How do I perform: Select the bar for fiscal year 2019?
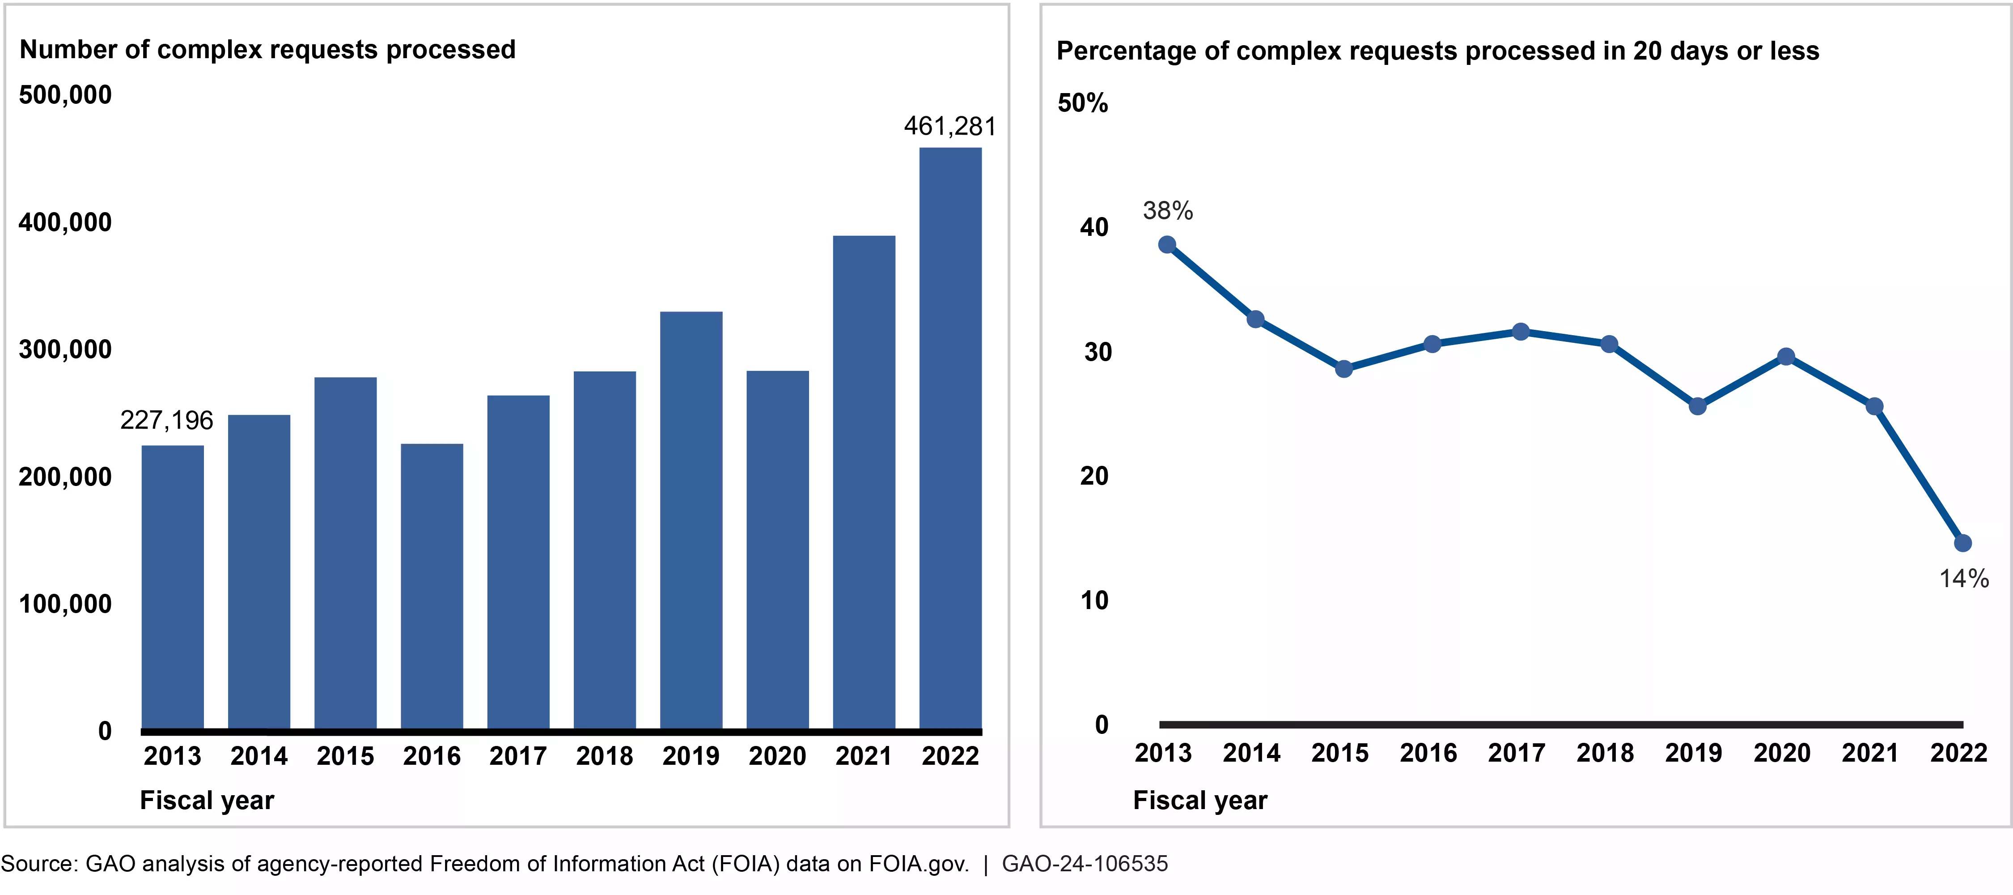[x=691, y=520]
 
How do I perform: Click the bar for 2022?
[x=950, y=438]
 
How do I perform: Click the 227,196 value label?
[x=166, y=421]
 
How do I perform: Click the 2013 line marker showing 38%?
[x=1167, y=245]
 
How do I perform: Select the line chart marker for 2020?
[x=1786, y=357]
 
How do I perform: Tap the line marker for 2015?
[x=1344, y=369]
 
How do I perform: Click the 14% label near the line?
[x=1964, y=579]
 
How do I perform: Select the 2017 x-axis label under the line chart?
[x=1517, y=753]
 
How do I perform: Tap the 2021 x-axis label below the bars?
[x=864, y=756]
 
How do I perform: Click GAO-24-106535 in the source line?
[x=1085, y=864]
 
